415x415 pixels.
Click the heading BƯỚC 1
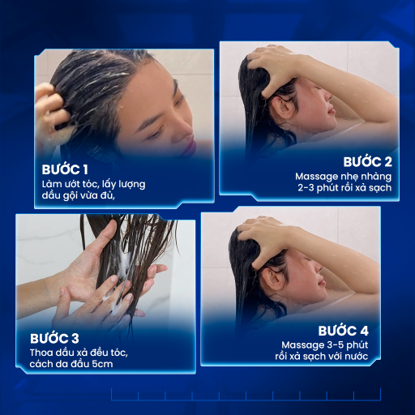point(65,169)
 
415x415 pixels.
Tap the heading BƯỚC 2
point(367,162)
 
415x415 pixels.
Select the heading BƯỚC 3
point(54,339)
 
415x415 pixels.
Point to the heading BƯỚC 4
point(343,331)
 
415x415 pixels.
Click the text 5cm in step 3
point(102,364)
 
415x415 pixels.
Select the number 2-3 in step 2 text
point(306,188)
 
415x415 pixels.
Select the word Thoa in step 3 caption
point(38,353)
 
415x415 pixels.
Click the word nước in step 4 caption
point(357,357)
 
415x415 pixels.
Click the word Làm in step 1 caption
point(52,184)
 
